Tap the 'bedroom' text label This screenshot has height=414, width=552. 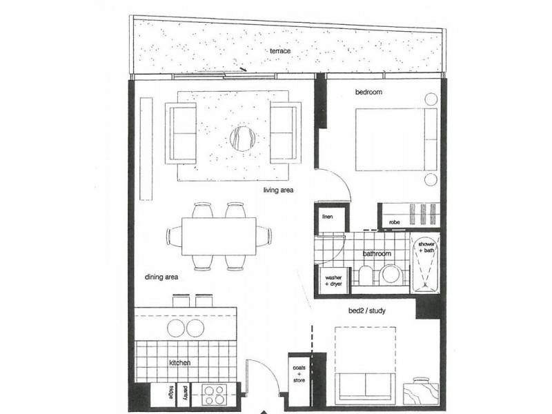[x=369, y=92]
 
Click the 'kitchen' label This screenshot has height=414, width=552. [x=181, y=362]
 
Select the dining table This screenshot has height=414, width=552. [x=219, y=236]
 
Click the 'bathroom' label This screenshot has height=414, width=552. [x=377, y=254]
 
